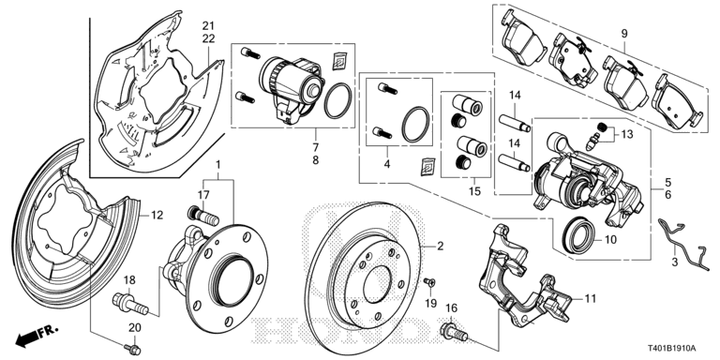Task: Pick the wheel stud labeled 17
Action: pyautogui.click(x=199, y=217)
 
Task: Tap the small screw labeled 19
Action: pyautogui.click(x=428, y=282)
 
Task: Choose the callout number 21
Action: pyautogui.click(x=207, y=24)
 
